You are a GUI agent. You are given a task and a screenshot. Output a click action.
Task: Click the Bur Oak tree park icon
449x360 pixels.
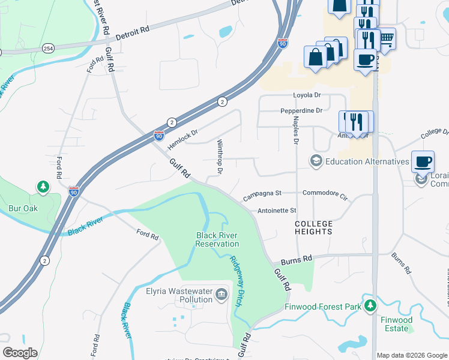(43, 187)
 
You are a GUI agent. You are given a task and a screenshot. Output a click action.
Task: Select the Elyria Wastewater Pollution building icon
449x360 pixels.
(221, 293)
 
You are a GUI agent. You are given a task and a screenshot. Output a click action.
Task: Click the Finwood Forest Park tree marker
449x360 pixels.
(371, 307)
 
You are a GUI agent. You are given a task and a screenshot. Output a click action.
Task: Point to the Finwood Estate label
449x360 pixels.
(397, 324)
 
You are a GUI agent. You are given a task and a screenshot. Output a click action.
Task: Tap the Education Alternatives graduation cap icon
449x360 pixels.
(315, 161)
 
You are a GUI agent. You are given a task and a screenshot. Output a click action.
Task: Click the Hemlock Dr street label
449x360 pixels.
(182, 139)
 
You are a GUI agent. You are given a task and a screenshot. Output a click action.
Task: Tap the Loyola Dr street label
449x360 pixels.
(307, 95)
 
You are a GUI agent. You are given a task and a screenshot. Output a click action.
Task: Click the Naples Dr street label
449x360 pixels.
(295, 131)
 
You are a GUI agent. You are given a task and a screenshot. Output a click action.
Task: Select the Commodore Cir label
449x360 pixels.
(325, 195)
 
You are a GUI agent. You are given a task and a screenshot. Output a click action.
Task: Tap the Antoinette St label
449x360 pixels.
(277, 211)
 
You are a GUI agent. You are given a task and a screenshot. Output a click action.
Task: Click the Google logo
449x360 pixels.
(19, 353)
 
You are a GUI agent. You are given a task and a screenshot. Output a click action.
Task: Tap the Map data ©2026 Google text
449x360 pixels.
(412, 355)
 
